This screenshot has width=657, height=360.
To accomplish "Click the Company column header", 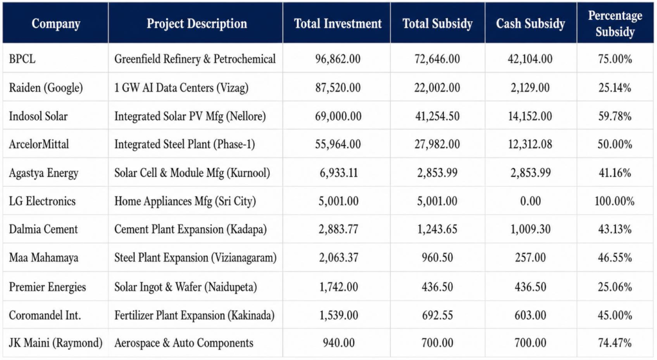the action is tap(56, 24).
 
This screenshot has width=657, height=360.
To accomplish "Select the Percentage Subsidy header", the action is tap(615, 24).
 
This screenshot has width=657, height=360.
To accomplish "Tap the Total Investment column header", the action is tap(337, 24).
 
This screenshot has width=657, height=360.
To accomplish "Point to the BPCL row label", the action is tap(22, 59).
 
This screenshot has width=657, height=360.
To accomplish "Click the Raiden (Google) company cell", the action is tap(46, 87).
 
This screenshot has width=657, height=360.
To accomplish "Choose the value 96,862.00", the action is tap(337, 59).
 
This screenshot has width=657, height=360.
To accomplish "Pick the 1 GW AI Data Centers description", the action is tap(181, 87).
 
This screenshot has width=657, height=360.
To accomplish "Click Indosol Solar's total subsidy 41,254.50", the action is tap(437, 116).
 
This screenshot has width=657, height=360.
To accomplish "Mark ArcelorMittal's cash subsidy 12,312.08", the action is tap(530, 144).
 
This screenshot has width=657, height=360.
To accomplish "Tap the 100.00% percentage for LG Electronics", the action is tap(614, 201).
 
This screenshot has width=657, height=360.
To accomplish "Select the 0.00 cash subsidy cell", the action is tap(530, 201).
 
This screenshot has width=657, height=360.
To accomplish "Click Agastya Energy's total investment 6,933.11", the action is tap(339, 173).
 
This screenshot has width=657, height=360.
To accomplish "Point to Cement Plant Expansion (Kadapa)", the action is tap(190, 229).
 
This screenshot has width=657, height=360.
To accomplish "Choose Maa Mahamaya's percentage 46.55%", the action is tap(615, 258).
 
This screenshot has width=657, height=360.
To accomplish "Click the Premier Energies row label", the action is tap(47, 287).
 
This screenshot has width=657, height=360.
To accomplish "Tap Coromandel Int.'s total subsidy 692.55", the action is tap(437, 315).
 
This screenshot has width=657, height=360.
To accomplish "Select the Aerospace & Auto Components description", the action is tap(183, 343).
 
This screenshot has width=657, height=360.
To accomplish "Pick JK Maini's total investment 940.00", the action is tap(339, 343).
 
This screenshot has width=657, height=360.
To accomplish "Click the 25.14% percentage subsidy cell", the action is tap(615, 87).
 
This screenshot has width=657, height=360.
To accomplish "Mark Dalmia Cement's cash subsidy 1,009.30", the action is tap(530, 229).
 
